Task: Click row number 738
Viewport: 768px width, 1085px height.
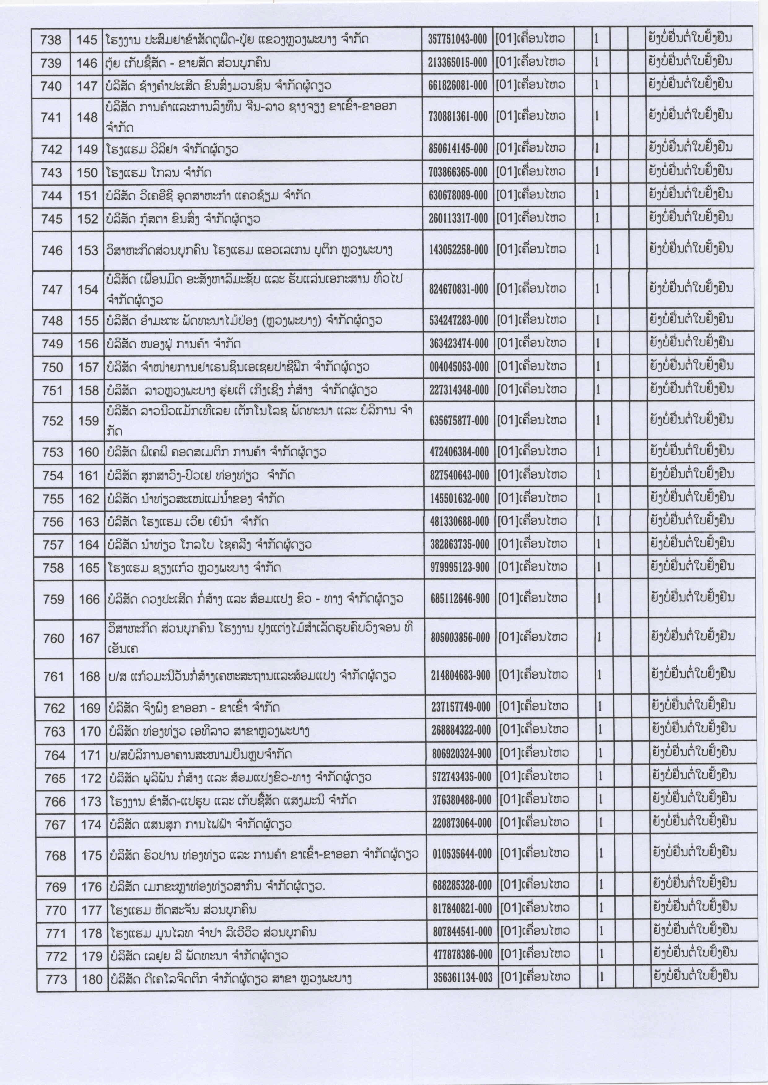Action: tap(51, 40)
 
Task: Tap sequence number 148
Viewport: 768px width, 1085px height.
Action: tap(87, 117)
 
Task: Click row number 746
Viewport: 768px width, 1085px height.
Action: tap(52, 251)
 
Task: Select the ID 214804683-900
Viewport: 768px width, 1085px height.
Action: tap(460, 676)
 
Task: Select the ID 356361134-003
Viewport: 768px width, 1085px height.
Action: tap(462, 978)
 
